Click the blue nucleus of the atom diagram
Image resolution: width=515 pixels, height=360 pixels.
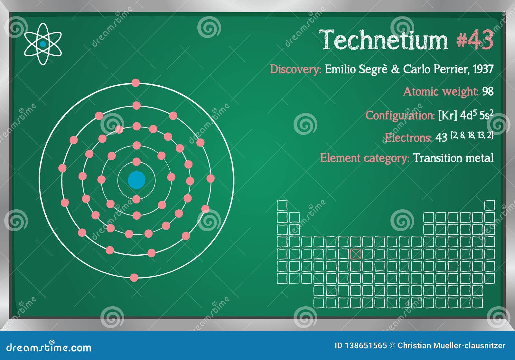136,180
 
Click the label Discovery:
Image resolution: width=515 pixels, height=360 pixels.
295,70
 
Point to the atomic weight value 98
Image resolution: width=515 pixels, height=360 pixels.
488,92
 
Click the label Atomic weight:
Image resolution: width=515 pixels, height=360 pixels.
441,92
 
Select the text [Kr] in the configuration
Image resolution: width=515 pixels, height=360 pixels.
447,116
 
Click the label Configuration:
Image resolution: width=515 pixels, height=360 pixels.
400,116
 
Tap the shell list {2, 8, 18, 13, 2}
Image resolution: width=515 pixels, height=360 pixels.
472,136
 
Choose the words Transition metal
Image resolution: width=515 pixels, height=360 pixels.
453,158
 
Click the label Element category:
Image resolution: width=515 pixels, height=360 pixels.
364,158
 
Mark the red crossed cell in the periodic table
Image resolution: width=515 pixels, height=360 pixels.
355,254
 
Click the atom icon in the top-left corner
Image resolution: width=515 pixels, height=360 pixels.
43,44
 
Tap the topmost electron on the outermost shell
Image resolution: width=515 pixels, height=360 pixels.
136,83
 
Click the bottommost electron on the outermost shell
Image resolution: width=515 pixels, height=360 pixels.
134,278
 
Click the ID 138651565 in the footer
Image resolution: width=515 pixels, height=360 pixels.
360,346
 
